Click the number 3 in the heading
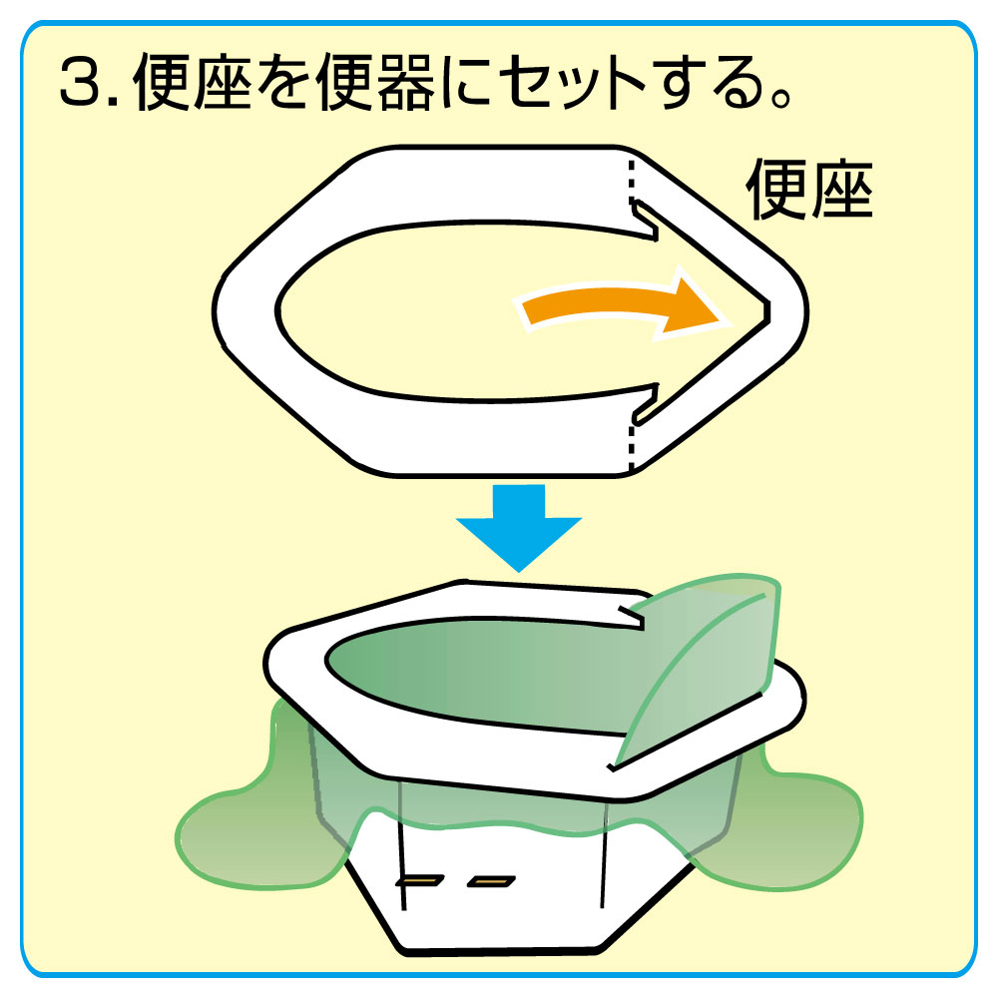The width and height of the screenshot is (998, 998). pyautogui.click(x=81, y=82)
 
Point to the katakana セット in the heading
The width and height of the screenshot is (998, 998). pyautogui.click(x=571, y=83)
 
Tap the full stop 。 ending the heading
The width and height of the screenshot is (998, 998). pyautogui.click(x=781, y=96)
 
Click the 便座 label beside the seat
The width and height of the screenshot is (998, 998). pyautogui.click(x=809, y=189)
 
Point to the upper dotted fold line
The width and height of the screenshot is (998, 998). pyautogui.click(x=632, y=182)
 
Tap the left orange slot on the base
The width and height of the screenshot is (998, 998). pyautogui.click(x=419, y=881)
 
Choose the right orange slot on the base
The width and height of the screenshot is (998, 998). pyautogui.click(x=491, y=881)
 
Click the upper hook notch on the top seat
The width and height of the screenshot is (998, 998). pyautogui.click(x=644, y=221)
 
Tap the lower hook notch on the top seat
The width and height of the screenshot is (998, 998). pyautogui.click(x=644, y=403)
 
